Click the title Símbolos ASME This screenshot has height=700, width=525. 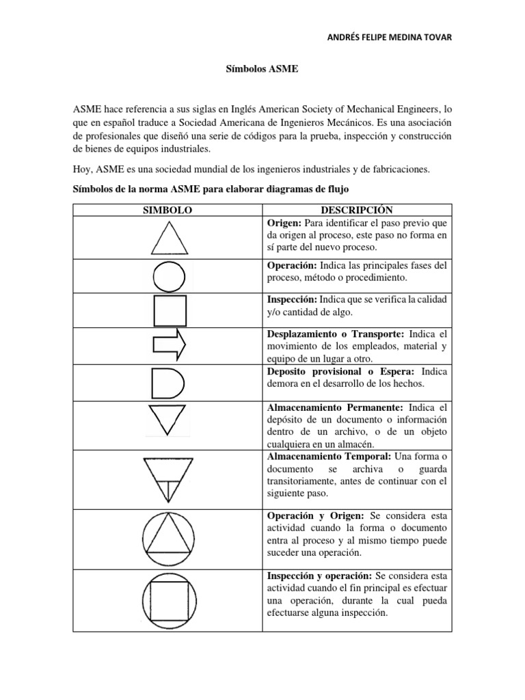click(x=262, y=70)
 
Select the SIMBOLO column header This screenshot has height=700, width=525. click(x=167, y=210)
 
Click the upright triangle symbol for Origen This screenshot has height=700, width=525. click(x=167, y=239)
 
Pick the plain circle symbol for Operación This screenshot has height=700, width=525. click(x=167, y=277)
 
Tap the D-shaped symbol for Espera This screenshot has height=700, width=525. click(x=167, y=383)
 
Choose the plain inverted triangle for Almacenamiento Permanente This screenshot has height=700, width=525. click(x=166, y=418)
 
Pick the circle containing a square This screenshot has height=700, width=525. click(x=168, y=596)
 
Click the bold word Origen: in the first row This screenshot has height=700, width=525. click(x=282, y=223)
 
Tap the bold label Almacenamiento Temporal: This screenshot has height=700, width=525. click(x=318, y=456)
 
